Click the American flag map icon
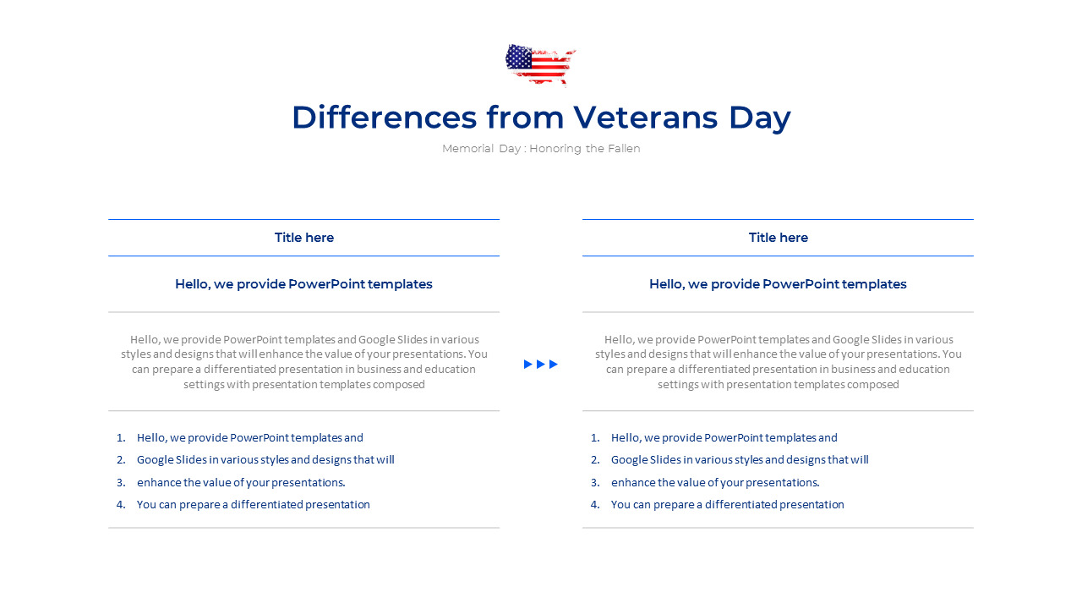pyautogui.click(x=539, y=64)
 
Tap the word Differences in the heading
pyautogui.click(x=384, y=118)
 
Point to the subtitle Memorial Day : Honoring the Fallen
pyautogui.click(x=541, y=149)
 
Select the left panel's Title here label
pyautogui.click(x=304, y=238)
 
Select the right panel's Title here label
pyautogui.click(x=779, y=238)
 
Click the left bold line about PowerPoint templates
pyautogui.click(x=303, y=284)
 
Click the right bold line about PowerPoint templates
pyautogui.click(x=778, y=284)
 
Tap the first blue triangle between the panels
pyautogui.click(x=528, y=365)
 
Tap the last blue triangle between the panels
pyautogui.click(x=554, y=365)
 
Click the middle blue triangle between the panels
pyautogui.click(x=541, y=365)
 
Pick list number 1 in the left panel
pyautogui.click(x=121, y=438)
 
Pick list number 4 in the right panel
pyautogui.click(x=595, y=505)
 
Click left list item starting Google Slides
pyautogui.click(x=265, y=460)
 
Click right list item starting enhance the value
pyautogui.click(x=715, y=483)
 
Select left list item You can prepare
pyautogui.click(x=254, y=505)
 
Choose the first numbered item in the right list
pyautogui.click(x=724, y=438)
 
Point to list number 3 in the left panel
pyautogui.click(x=121, y=483)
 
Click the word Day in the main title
pyautogui.click(x=759, y=118)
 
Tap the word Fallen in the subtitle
pyautogui.click(x=623, y=149)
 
